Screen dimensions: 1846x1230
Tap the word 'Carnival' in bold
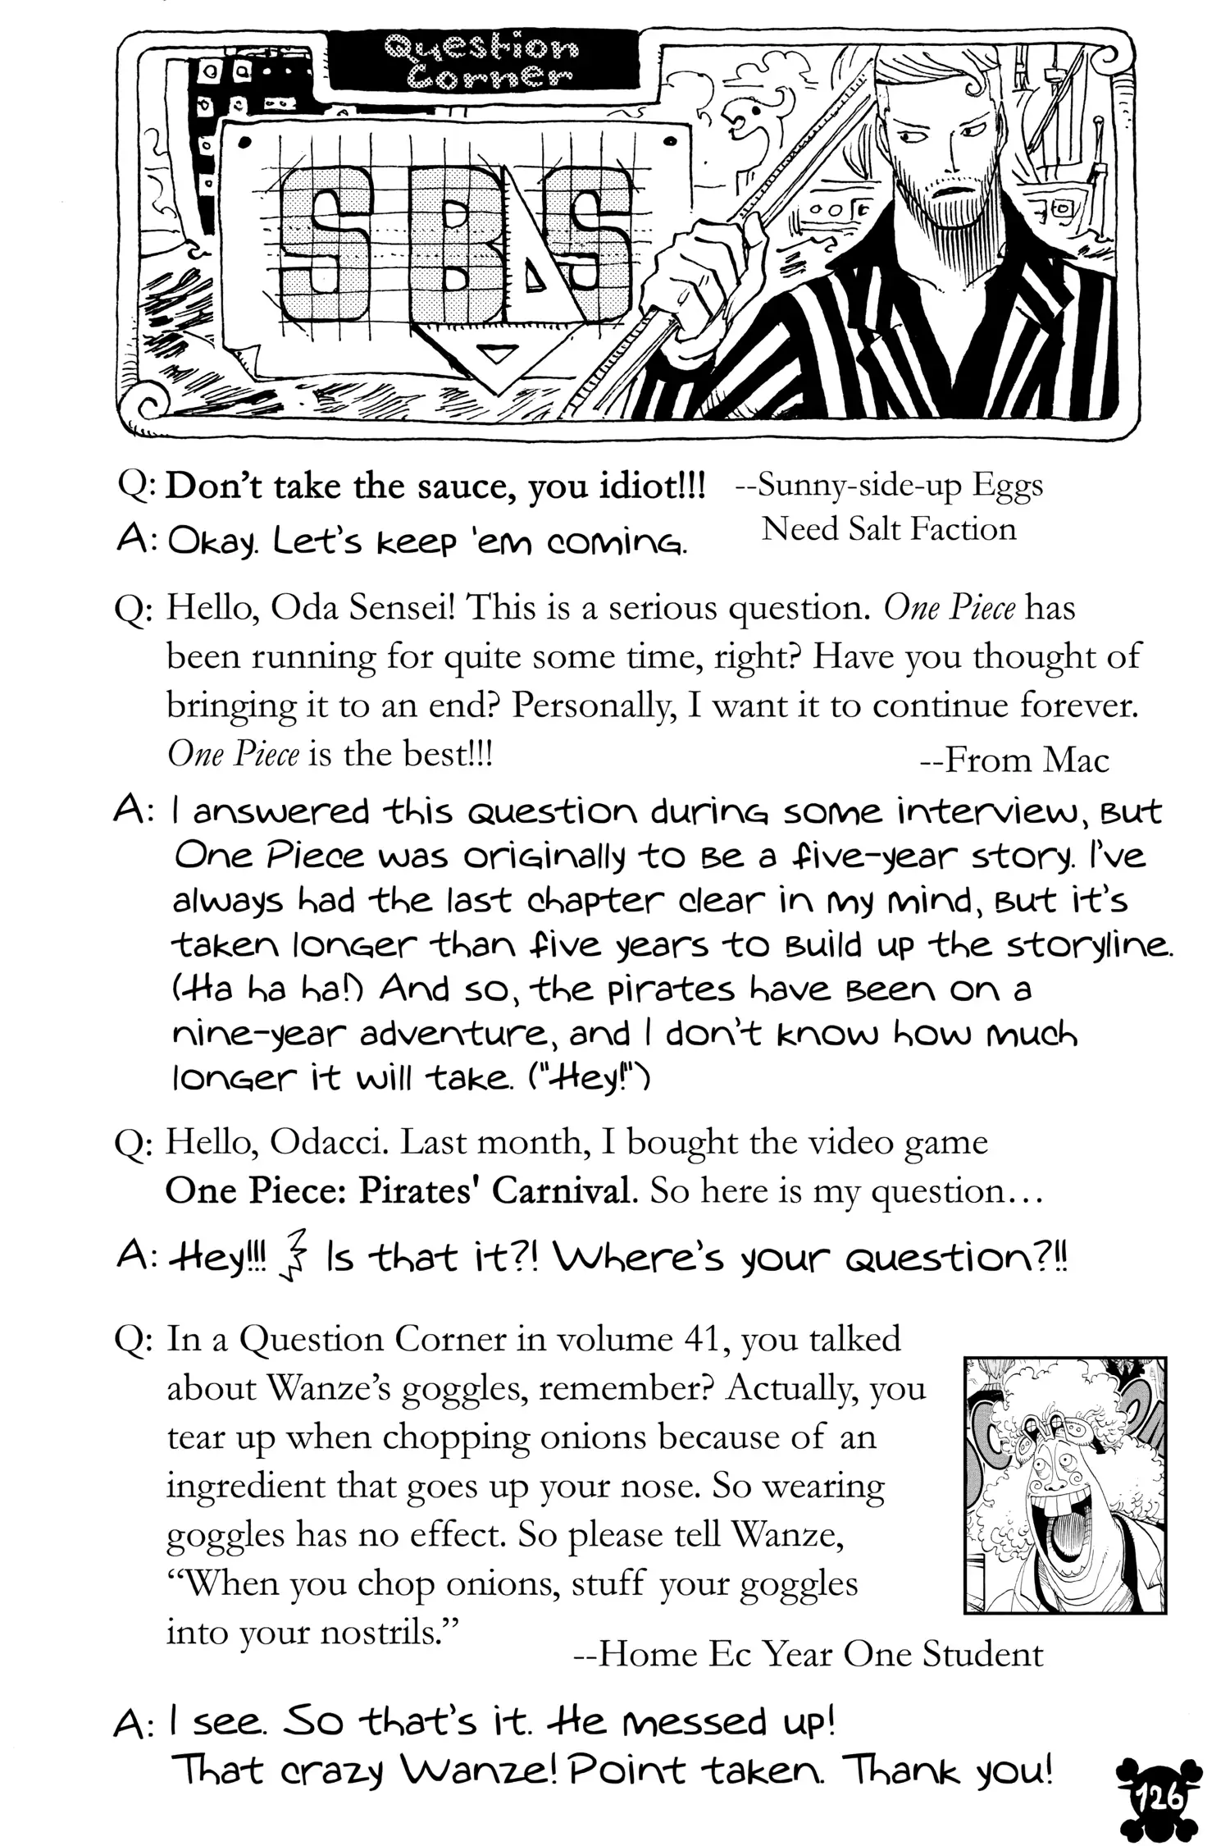tap(565, 1190)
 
